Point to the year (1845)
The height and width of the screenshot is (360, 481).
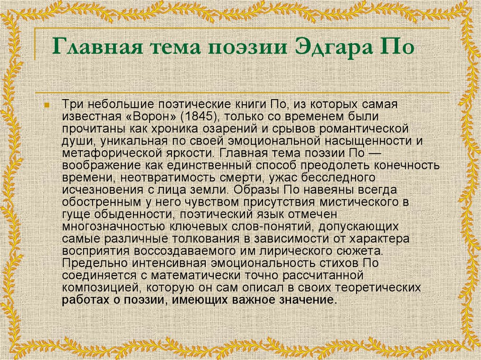click(198, 116)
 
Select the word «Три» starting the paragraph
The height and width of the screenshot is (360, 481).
click(72, 104)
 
